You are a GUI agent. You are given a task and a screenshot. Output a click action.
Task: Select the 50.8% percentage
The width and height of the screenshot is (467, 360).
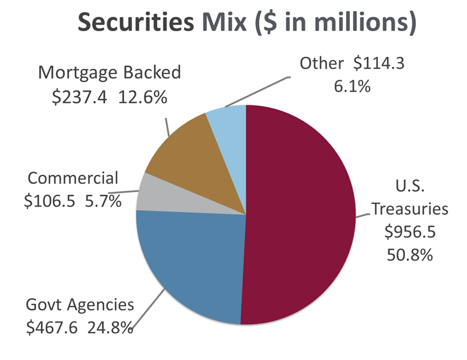click(410, 255)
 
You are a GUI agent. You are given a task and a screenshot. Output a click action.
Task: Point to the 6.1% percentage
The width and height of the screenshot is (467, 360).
click(353, 86)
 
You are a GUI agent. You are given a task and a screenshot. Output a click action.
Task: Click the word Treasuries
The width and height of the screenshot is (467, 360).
click(410, 209)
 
